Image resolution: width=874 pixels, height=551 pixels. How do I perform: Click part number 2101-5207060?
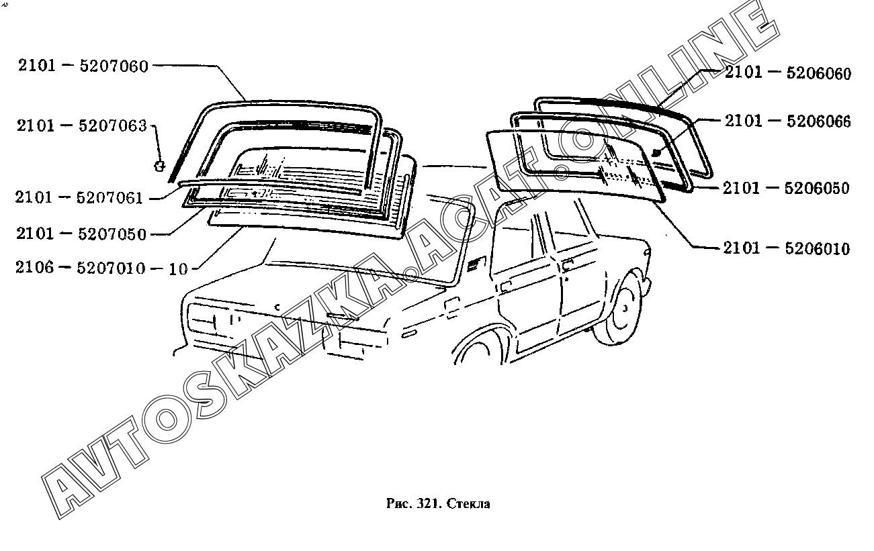pyautogui.click(x=82, y=66)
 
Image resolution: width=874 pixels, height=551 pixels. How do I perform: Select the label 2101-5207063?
pyautogui.click(x=82, y=126)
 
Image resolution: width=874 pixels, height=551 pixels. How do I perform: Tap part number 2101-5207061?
pyautogui.click(x=80, y=197)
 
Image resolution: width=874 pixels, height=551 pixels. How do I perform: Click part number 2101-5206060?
pyautogui.click(x=787, y=72)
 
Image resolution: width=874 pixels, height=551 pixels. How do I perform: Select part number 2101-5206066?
pyautogui.click(x=787, y=121)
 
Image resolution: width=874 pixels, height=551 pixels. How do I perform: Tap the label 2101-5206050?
pyautogui.click(x=786, y=188)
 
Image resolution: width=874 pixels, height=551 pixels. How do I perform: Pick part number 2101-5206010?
pyautogui.click(x=786, y=249)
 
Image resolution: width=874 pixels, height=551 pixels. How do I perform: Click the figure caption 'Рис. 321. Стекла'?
pyautogui.click(x=439, y=503)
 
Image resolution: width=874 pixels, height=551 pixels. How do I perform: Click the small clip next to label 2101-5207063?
pyautogui.click(x=160, y=164)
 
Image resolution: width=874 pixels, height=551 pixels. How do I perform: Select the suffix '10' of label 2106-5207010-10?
pyautogui.click(x=178, y=269)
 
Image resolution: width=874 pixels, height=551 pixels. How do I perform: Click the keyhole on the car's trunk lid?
pyautogui.click(x=277, y=305)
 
